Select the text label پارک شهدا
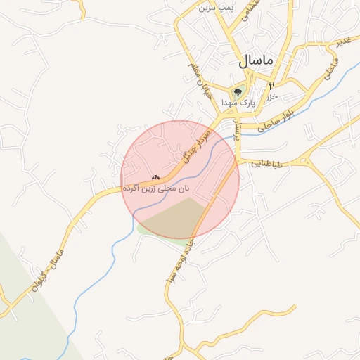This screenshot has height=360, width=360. [x=236, y=103]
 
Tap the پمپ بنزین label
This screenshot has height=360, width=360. [x=215, y=7]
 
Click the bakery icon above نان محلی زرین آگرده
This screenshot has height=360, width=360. [x=155, y=178]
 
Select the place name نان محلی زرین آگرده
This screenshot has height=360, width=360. [x=156, y=188]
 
